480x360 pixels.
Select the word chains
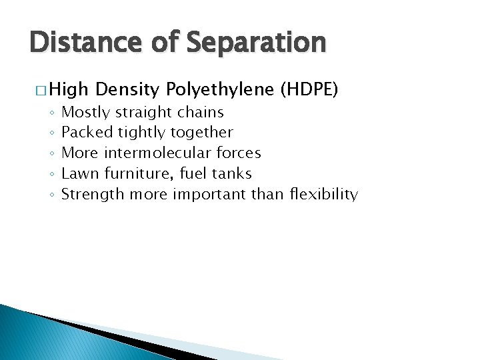pos(201,112)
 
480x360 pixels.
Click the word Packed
pos(86,133)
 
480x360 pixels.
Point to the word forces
pos(239,153)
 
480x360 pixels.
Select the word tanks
pos(231,174)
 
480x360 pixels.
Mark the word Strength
pos(92,195)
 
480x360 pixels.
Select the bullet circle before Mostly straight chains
pos(51,113)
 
